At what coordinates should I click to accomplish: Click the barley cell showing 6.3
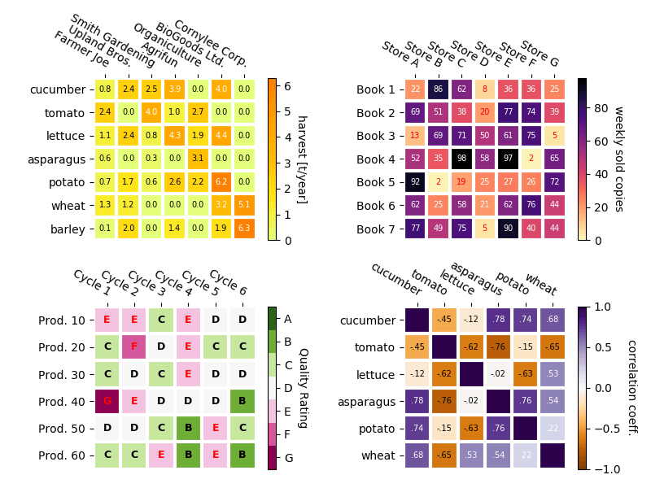(x=244, y=229)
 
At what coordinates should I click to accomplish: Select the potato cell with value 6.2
(x=221, y=182)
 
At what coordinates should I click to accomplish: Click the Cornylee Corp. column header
(x=210, y=42)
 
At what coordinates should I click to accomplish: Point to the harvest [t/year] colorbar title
(x=301, y=159)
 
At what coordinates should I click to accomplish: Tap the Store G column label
(x=540, y=54)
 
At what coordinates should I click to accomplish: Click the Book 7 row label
(x=375, y=229)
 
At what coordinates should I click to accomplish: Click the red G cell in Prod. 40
(x=107, y=400)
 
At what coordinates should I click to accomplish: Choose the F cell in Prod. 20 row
(x=134, y=346)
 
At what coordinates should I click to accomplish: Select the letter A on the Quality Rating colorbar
(x=287, y=319)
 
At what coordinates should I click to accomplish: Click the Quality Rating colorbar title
(x=302, y=388)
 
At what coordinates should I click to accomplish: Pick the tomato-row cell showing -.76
(x=498, y=347)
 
